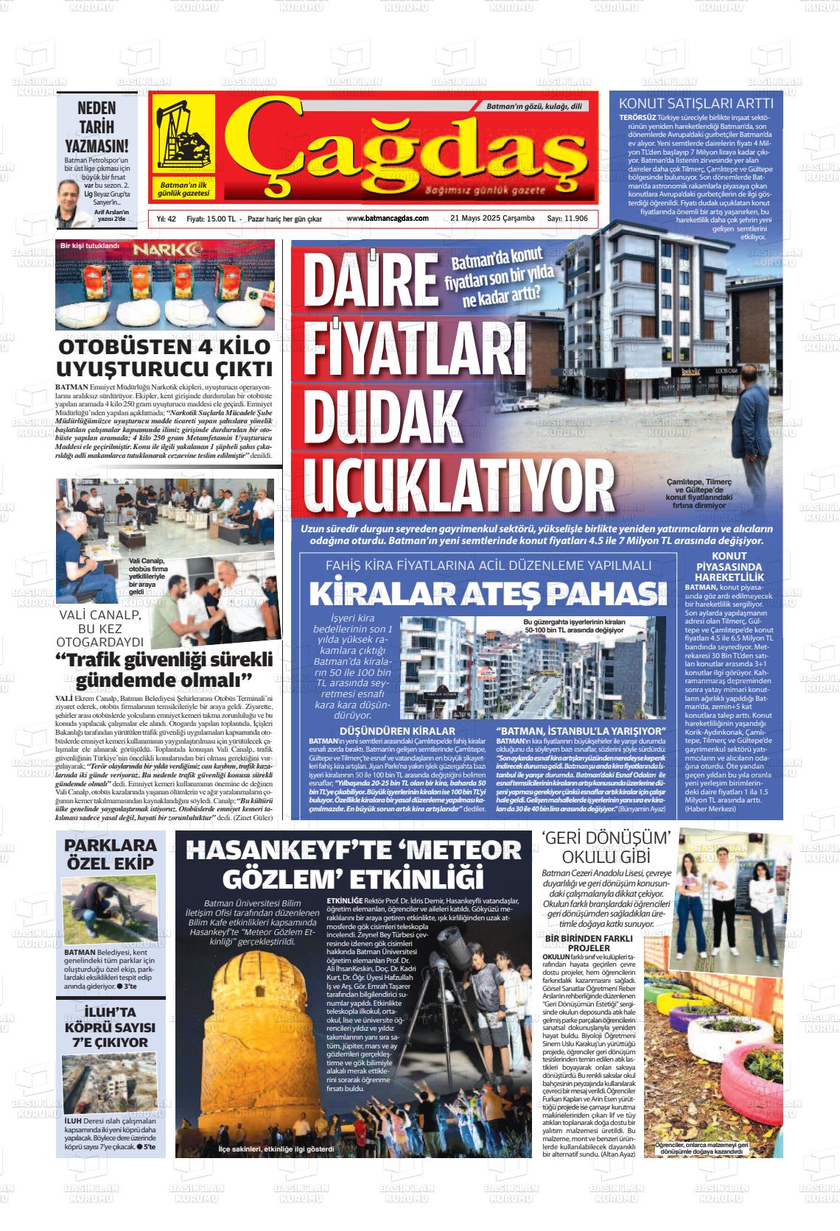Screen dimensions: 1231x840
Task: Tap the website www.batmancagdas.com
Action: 387,219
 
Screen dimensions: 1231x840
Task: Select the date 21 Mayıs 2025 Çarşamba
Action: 492,219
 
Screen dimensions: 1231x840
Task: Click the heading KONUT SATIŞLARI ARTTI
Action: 696,103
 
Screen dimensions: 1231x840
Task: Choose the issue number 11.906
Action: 567,219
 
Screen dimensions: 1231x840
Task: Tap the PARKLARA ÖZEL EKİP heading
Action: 110,854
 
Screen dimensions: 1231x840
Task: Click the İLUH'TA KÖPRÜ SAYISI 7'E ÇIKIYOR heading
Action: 110,1026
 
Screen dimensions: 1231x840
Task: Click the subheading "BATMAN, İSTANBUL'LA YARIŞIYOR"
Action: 581,730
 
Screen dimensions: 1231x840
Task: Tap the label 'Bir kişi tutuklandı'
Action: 89,245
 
